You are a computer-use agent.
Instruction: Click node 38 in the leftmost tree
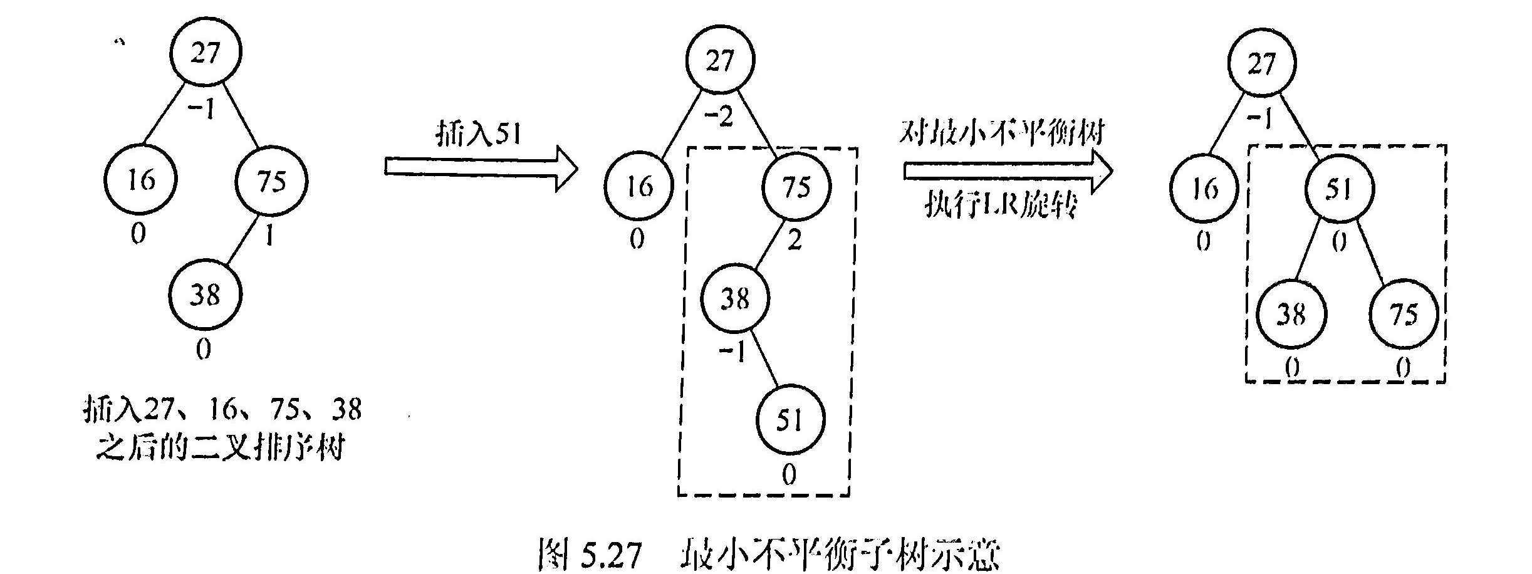(205, 294)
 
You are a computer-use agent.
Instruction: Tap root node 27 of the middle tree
(720, 60)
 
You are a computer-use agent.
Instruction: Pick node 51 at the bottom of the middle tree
(789, 419)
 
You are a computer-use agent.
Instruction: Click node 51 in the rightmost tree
(1338, 189)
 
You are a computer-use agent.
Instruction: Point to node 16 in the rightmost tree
(1204, 188)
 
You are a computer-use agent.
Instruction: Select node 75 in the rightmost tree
(1404, 313)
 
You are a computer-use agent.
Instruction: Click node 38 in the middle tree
(735, 298)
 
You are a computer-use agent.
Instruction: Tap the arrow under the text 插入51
(481, 168)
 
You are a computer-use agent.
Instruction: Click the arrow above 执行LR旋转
(1008, 170)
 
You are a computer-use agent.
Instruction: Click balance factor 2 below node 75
(794, 241)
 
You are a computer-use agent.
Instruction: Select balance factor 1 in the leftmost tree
(269, 236)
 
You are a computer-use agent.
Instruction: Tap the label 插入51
(479, 133)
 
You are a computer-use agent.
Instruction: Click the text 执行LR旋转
(1001, 205)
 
